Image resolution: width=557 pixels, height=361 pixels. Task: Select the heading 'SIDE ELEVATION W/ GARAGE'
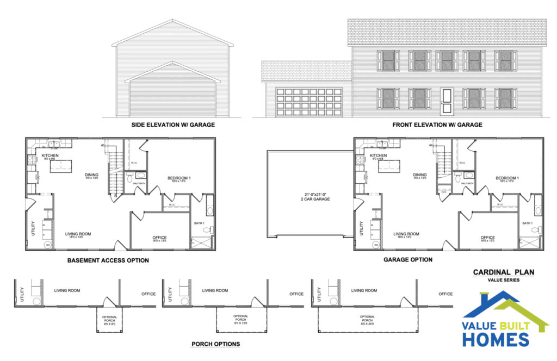pyautogui.click(x=173, y=125)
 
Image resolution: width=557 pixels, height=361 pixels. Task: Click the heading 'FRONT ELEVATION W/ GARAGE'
pyautogui.click(x=437, y=125)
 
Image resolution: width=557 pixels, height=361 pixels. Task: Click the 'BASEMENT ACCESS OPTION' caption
pyautogui.click(x=108, y=260)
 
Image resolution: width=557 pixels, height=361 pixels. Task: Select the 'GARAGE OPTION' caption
pyautogui.click(x=407, y=260)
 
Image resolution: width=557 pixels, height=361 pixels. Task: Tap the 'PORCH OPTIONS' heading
pyautogui.click(x=215, y=344)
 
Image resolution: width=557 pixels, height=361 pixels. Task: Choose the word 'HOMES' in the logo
pyautogui.click(x=496, y=339)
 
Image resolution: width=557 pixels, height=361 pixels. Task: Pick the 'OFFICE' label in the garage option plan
pyautogui.click(x=488, y=238)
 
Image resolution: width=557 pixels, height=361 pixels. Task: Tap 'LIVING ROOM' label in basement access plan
pyautogui.click(x=78, y=234)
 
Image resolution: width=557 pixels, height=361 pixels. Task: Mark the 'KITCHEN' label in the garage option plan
pyautogui.click(x=378, y=155)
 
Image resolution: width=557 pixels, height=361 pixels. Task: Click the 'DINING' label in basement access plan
pyautogui.click(x=91, y=175)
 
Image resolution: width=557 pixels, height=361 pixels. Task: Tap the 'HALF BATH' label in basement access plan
pyautogui.click(x=139, y=183)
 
